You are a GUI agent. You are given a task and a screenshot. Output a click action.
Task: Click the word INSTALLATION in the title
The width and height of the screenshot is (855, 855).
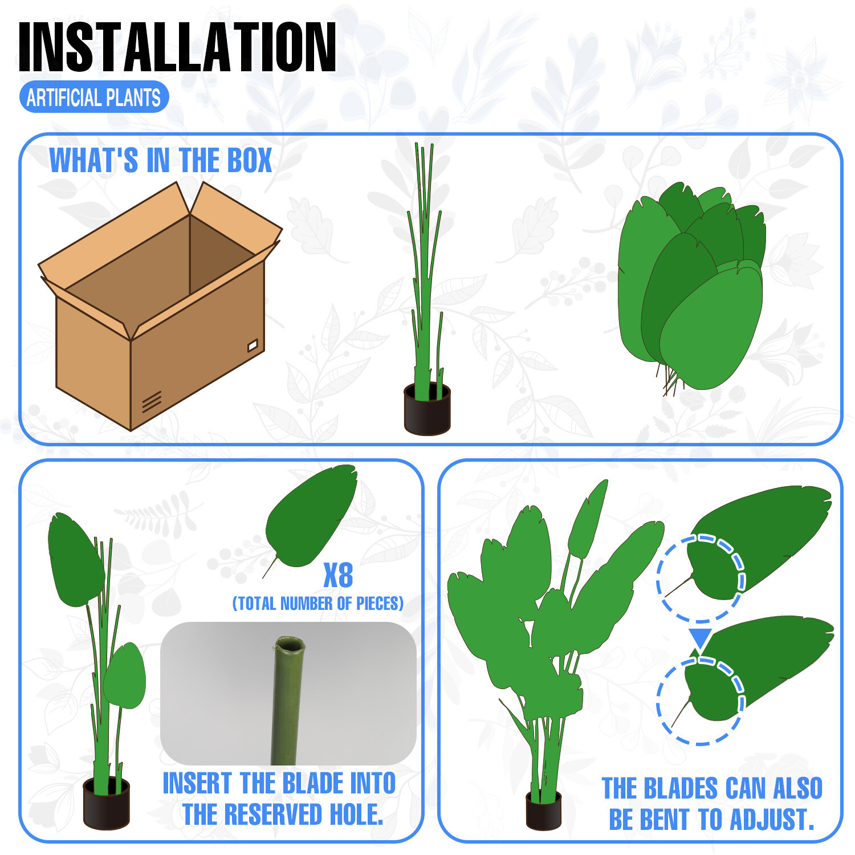pos(177,48)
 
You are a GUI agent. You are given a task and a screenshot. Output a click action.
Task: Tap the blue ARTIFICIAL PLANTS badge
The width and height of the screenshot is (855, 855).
pos(94,97)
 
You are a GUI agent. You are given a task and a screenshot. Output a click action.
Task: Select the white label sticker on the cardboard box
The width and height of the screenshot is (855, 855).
pos(253,345)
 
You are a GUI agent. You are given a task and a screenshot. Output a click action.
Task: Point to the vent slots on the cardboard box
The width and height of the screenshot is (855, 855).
pos(152,402)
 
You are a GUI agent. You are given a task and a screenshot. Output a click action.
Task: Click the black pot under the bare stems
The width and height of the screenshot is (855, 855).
pos(427,409)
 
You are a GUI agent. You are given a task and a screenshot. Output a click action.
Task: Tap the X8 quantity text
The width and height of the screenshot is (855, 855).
pos(338,575)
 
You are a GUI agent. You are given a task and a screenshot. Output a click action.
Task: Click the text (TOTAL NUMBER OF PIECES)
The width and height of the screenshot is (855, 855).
pos(318,604)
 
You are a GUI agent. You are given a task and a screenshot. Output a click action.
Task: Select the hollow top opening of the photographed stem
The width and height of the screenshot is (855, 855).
pos(290,645)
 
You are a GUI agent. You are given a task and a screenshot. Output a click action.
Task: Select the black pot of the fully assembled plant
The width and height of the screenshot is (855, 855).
pos(543,810)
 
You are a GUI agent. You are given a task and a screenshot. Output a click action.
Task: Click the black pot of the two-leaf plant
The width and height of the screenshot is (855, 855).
pos(106,804)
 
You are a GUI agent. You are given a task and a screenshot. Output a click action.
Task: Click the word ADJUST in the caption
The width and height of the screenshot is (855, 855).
pos(772,820)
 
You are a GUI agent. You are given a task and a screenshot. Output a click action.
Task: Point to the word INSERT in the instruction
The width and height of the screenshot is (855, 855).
pos(197,783)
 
